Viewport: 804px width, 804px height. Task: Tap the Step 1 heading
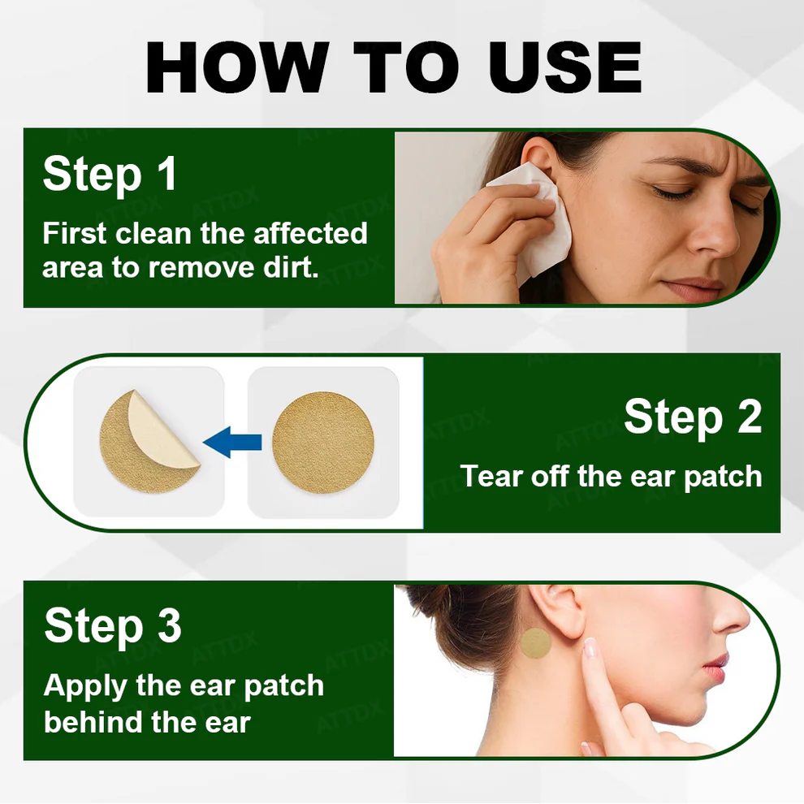coord(110,174)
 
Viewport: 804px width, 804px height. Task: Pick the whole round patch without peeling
coord(322,442)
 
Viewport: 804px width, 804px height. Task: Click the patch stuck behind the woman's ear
coord(535,643)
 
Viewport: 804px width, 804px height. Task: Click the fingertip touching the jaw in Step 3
coord(590,648)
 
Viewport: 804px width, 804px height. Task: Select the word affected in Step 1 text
coord(310,234)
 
